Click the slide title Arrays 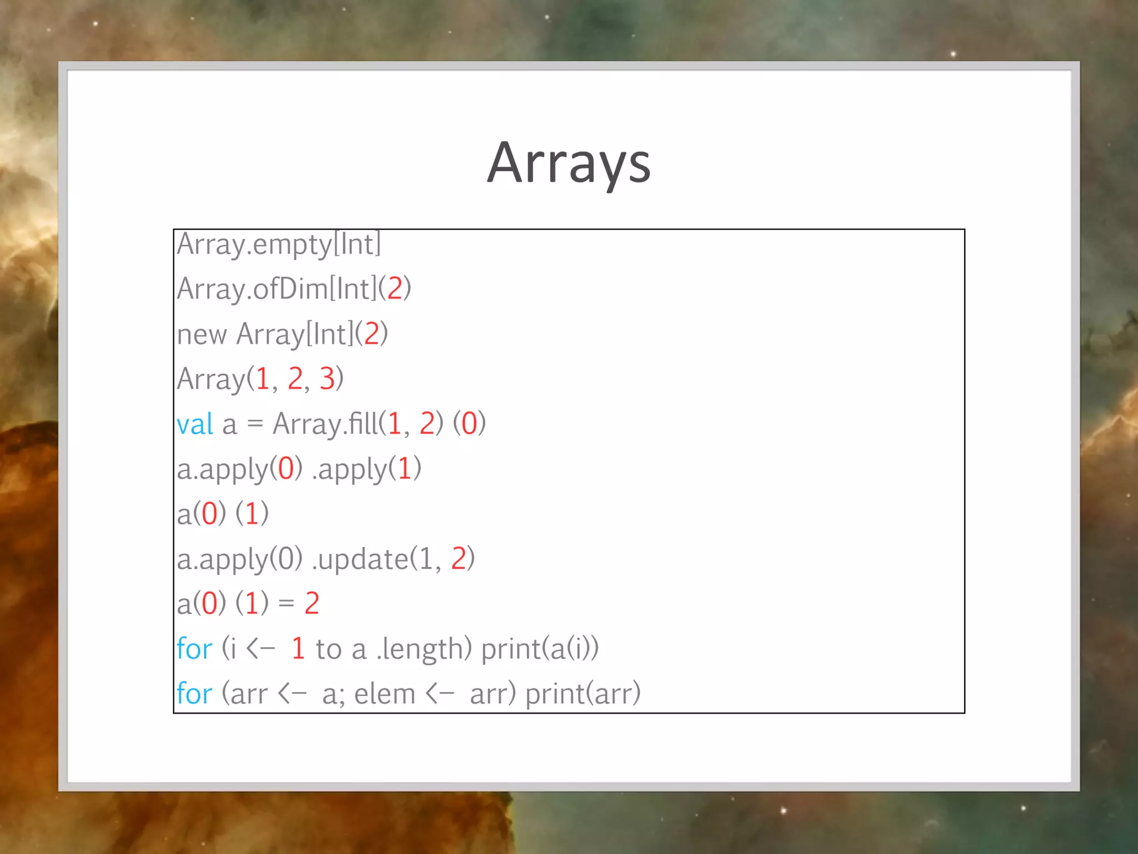(568, 163)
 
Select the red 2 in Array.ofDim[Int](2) (395, 289)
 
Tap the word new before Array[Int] (202, 335)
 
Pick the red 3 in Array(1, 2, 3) (327, 379)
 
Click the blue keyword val (194, 424)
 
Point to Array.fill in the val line (325, 424)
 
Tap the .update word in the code (360, 559)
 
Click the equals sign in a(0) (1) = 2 (286, 604)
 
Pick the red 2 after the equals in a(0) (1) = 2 (312, 604)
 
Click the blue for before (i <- (194, 649)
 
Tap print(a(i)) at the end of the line (540, 649)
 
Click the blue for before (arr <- (194, 694)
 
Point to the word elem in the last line (385, 694)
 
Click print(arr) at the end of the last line (583, 694)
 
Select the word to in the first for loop (328, 649)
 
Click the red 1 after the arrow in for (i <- (298, 649)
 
